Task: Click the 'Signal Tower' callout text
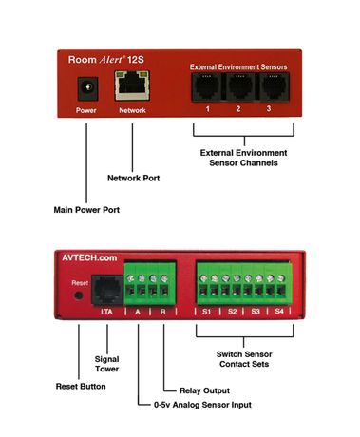[108, 365]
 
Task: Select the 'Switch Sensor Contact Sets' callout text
[250, 359]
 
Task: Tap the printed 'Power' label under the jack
[86, 110]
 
